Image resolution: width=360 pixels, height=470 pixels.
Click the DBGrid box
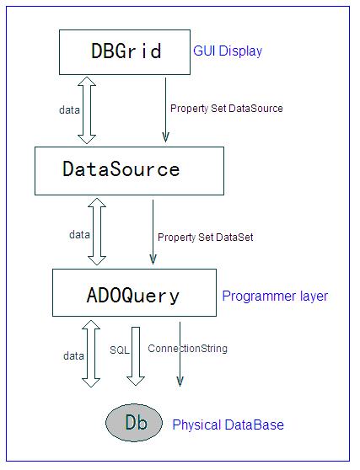(x=125, y=52)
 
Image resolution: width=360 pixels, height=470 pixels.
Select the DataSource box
(x=129, y=171)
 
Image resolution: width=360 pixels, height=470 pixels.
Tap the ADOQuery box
(x=134, y=292)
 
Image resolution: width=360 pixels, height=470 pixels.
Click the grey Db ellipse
(x=134, y=423)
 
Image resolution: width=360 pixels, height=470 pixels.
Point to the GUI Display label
(x=228, y=51)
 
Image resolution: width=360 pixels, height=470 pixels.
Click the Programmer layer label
(x=275, y=296)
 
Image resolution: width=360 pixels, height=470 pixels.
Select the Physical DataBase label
(x=228, y=425)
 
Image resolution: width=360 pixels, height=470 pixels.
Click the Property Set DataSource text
(x=227, y=109)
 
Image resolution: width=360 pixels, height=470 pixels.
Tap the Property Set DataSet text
(x=206, y=238)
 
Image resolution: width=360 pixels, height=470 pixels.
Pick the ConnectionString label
(x=187, y=349)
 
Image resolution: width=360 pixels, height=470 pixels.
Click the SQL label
(x=119, y=350)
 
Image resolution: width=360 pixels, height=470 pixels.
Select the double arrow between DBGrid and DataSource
(x=87, y=110)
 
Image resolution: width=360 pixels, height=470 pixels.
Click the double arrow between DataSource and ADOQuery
(x=97, y=232)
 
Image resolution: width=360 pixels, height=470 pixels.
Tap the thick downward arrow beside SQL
(x=136, y=356)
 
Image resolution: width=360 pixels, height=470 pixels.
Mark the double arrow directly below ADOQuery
(x=91, y=354)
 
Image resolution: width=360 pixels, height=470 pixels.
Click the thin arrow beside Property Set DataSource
(x=165, y=109)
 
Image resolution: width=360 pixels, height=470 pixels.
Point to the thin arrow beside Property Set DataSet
(x=153, y=232)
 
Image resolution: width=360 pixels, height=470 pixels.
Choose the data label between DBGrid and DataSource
(x=69, y=110)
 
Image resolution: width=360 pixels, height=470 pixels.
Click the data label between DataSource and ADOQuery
(x=79, y=234)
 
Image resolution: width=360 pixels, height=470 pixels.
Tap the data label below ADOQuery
(x=73, y=355)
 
